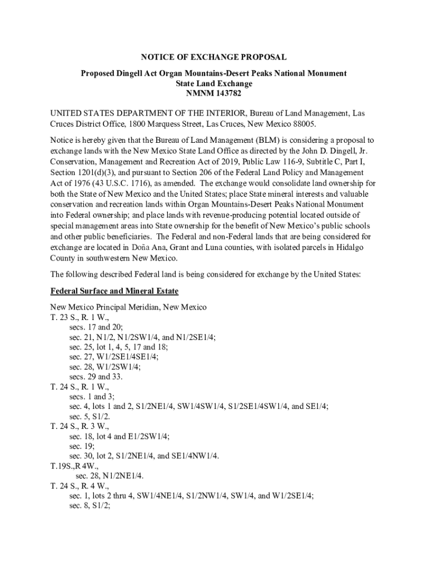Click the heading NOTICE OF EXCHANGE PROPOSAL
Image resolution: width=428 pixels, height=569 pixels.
tap(214, 57)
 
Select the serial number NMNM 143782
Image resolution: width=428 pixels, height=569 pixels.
tap(213, 94)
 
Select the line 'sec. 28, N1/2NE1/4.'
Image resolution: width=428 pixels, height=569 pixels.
tap(110, 476)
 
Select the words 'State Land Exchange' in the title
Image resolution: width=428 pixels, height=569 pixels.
tap(213, 84)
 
